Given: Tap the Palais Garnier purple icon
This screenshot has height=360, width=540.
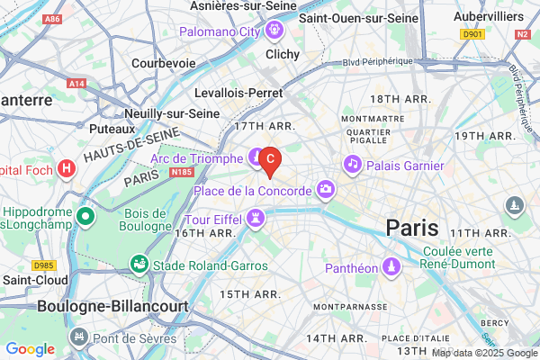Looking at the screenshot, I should (x=352, y=165).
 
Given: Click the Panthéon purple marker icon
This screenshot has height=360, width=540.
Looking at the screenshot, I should (x=391, y=266).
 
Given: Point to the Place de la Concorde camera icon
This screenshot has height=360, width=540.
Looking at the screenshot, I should (x=325, y=189).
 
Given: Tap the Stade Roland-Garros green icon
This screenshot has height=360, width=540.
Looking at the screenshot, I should (x=139, y=265).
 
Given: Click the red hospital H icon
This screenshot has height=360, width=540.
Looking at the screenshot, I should (x=67, y=168).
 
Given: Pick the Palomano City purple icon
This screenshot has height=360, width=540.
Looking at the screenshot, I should (x=274, y=31).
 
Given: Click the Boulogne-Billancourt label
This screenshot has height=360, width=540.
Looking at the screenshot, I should (x=112, y=306).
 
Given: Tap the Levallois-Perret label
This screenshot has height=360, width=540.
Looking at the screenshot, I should (x=238, y=93).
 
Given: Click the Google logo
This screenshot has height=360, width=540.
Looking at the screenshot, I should (x=30, y=349).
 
